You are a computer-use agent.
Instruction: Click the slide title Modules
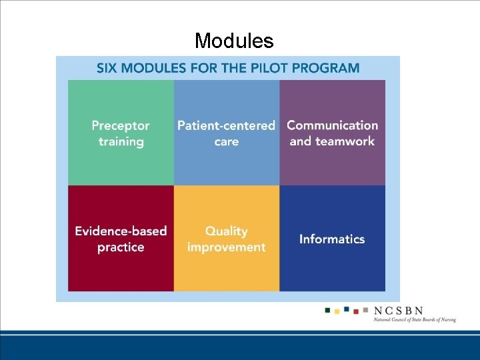[234, 41]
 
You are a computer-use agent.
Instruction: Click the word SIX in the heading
[109, 68]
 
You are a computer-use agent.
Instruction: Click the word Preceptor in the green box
[121, 125]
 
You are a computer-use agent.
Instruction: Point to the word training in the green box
[121, 141]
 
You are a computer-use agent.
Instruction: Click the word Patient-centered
[226, 125]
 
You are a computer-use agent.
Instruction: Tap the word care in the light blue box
[226, 141]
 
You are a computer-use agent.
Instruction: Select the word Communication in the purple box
[332, 125]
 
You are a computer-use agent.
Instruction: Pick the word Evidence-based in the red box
[121, 231]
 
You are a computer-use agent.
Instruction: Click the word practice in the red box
[121, 247]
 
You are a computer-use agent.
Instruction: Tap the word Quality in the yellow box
[226, 231]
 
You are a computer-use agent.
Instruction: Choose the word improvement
[226, 247]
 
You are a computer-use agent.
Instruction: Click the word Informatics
[332, 239]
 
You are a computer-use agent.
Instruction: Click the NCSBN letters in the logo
[399, 311]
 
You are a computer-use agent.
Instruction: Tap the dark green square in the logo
[327, 309]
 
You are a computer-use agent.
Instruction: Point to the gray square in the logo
[365, 309]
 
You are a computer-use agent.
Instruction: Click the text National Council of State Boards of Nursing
[415, 320]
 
